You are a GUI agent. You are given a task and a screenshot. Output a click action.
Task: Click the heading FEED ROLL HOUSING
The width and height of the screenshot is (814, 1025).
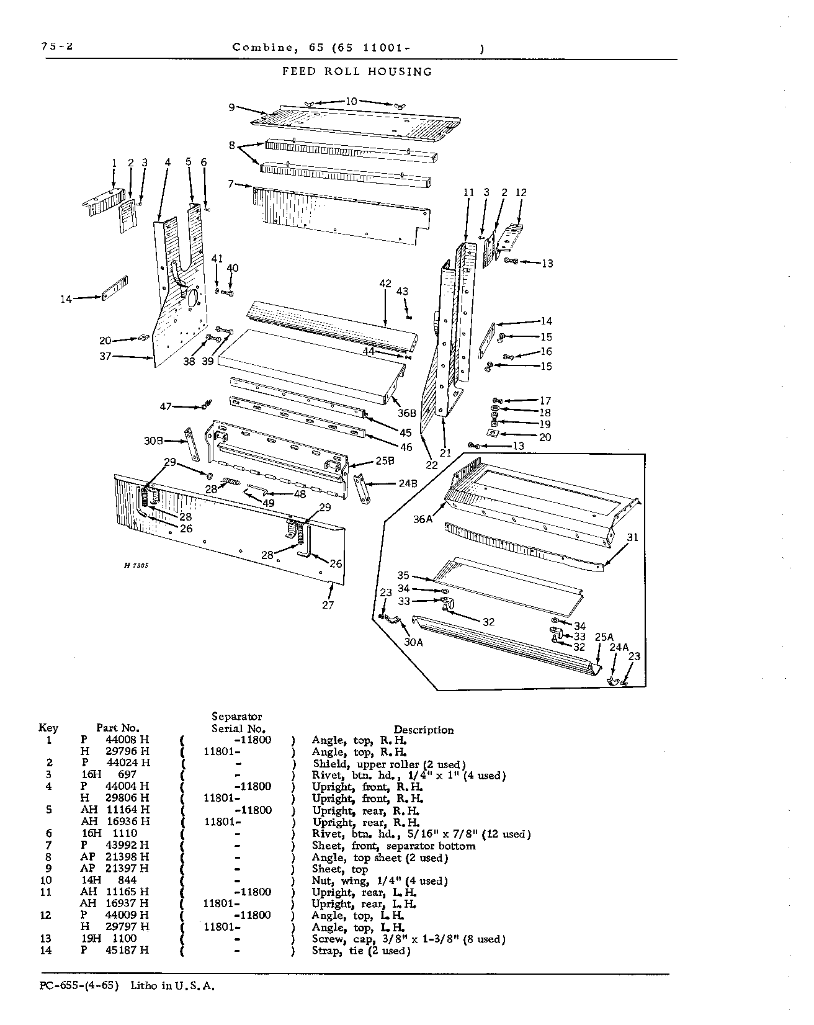pos(357,71)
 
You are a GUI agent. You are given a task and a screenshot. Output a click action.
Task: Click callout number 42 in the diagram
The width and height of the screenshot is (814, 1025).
pos(385,284)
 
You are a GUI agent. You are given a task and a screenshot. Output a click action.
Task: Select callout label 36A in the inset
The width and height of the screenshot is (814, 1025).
pos(423,519)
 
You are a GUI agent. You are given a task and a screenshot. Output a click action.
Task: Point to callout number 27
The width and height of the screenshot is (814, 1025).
pos(328,605)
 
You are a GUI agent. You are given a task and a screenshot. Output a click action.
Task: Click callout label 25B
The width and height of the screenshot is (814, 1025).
pos(385,461)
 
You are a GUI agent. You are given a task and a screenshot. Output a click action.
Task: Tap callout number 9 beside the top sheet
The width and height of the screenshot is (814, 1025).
pos(231,107)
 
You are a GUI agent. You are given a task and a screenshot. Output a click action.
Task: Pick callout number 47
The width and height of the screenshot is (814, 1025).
pos(166,406)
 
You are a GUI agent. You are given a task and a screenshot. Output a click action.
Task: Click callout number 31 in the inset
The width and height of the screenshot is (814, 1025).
pos(632,537)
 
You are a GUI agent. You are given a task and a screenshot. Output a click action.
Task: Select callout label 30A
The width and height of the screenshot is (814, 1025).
pos(413,642)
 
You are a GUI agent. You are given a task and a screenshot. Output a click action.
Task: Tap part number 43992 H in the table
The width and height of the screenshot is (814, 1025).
pos(116,845)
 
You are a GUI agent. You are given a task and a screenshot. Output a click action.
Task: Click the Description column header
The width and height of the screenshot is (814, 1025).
pos(424,730)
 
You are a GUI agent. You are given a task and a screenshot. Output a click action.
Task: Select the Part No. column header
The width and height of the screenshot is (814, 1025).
pos(118,728)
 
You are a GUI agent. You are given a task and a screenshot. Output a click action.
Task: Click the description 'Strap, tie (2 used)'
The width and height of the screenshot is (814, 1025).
pos(361,951)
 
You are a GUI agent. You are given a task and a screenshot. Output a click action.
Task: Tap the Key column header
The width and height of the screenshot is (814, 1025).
pos(48,728)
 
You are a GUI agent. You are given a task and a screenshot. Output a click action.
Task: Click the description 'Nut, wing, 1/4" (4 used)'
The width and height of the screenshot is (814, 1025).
pos(380,881)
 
